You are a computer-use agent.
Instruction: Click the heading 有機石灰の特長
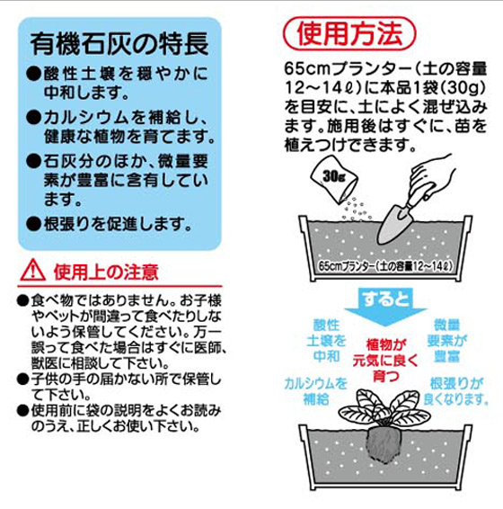[x=119, y=44]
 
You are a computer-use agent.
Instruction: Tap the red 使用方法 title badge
[x=349, y=33]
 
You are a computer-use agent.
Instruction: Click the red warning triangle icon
[x=32, y=271]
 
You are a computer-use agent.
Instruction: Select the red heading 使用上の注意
[x=106, y=272]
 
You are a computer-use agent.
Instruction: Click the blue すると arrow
[x=385, y=307]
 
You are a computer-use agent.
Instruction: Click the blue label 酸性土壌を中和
[x=326, y=341]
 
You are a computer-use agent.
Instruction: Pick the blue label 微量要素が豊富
[x=447, y=341]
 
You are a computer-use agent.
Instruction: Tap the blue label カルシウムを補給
[x=315, y=392]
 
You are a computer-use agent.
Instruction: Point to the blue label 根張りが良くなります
[x=456, y=392]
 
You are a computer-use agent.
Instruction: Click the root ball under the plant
[x=384, y=446]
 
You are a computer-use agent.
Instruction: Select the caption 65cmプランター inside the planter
[x=385, y=266]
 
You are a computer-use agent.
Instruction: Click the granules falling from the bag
[x=355, y=210]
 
